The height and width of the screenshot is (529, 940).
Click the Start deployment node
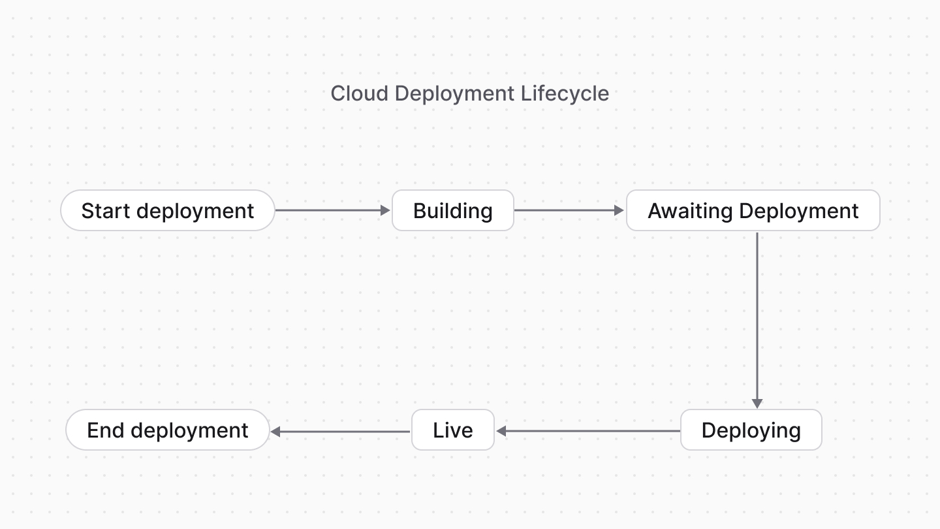point(167,211)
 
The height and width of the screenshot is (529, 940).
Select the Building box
point(452,211)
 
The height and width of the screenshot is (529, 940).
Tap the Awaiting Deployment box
point(753,211)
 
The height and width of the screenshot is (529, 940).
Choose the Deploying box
point(751,430)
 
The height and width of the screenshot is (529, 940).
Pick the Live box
point(452,430)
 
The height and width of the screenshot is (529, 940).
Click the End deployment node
point(167,430)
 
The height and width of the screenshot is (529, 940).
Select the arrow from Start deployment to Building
point(330,211)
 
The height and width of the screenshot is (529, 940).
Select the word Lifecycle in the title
point(565,93)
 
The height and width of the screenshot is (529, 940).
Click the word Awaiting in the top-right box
point(690,211)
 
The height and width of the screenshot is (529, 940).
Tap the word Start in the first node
point(106,211)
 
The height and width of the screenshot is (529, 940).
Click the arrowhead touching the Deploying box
point(757,404)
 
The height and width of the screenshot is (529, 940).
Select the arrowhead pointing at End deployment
point(275,431)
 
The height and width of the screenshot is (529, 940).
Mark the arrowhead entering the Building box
point(385,211)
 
